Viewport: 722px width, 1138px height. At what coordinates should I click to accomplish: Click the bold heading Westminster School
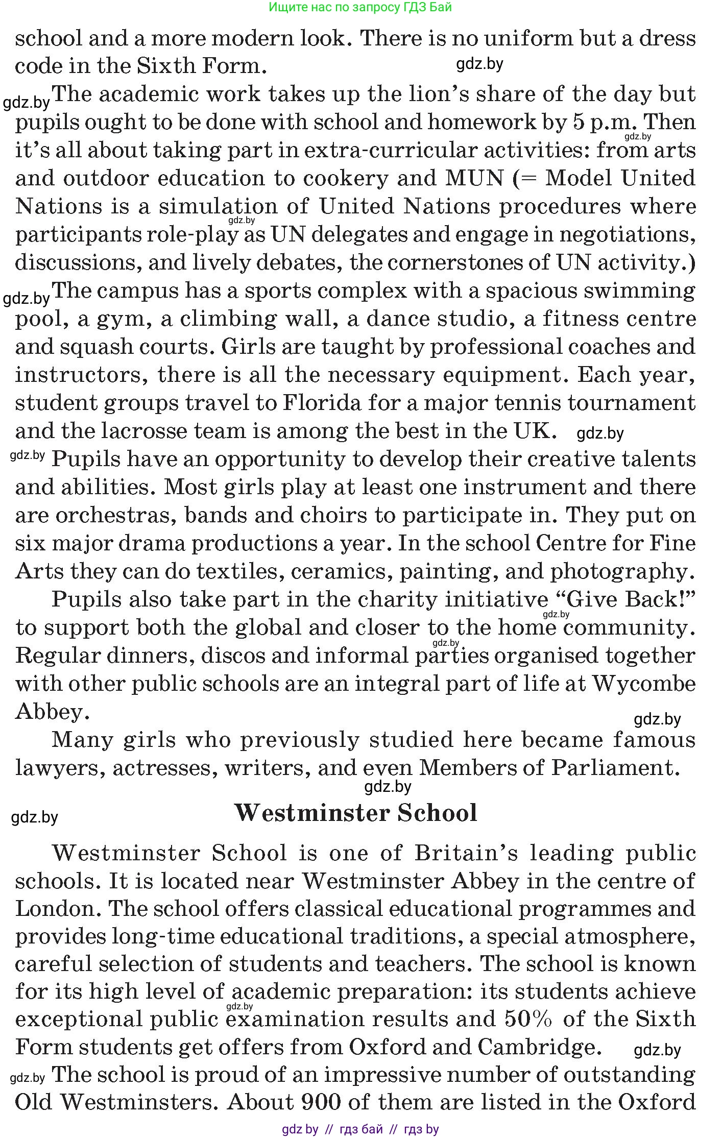[356, 813]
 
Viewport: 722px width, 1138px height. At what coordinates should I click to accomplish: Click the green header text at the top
[360, 7]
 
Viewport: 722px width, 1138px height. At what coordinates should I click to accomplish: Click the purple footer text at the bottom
[360, 1129]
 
